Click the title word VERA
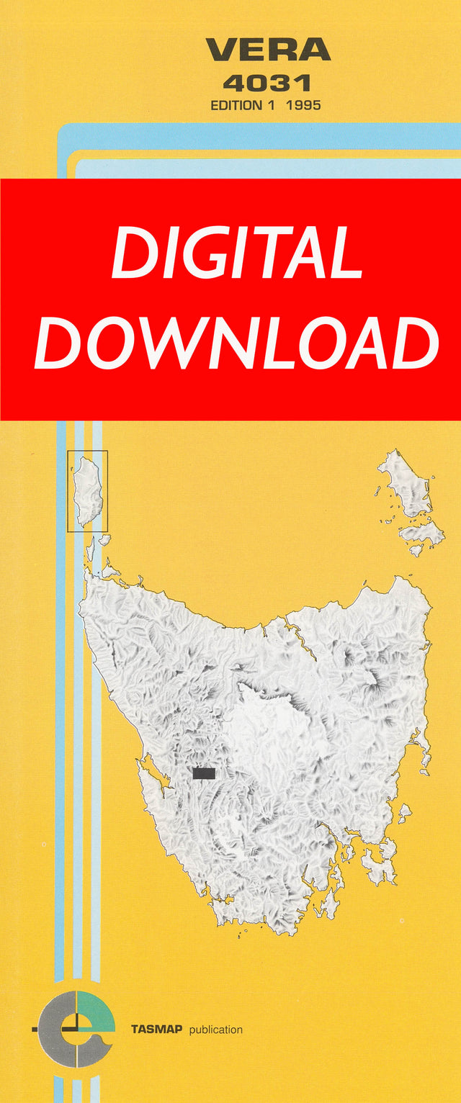268,50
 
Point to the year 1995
303,105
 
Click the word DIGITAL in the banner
236,254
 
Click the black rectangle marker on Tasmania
204,773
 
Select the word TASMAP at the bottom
156,1030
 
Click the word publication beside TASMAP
215,1030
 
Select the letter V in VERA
221,50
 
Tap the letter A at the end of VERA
315,50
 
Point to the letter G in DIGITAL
214,254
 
